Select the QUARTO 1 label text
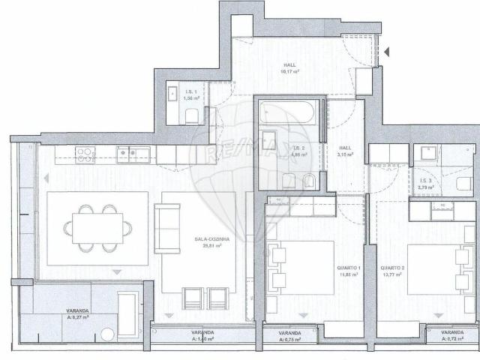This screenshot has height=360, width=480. (x=349, y=268)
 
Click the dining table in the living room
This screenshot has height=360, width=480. (x=97, y=228)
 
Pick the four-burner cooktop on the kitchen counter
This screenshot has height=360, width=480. (x=85, y=154)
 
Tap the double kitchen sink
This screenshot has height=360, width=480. (x=136, y=154)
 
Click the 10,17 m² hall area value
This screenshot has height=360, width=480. (x=289, y=72)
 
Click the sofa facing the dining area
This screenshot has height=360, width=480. (x=166, y=228)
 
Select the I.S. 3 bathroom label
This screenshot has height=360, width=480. (x=424, y=180)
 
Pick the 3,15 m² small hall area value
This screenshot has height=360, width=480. (x=345, y=155)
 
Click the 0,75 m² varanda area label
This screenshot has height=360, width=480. (x=289, y=339)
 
